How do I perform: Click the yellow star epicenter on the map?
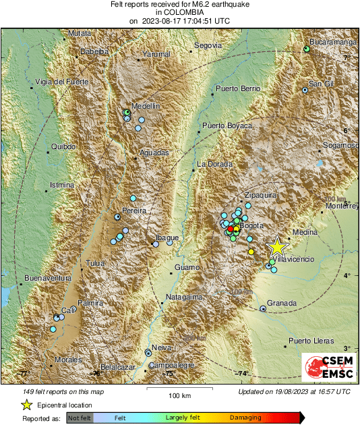click(276, 246)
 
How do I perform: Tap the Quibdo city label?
click(63, 146)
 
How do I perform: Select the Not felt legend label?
click(81, 418)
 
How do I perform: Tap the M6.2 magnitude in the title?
click(192, 4)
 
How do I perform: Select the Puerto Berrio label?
click(237, 88)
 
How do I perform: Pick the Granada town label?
click(282, 304)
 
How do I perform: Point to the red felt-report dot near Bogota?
click(231, 229)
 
